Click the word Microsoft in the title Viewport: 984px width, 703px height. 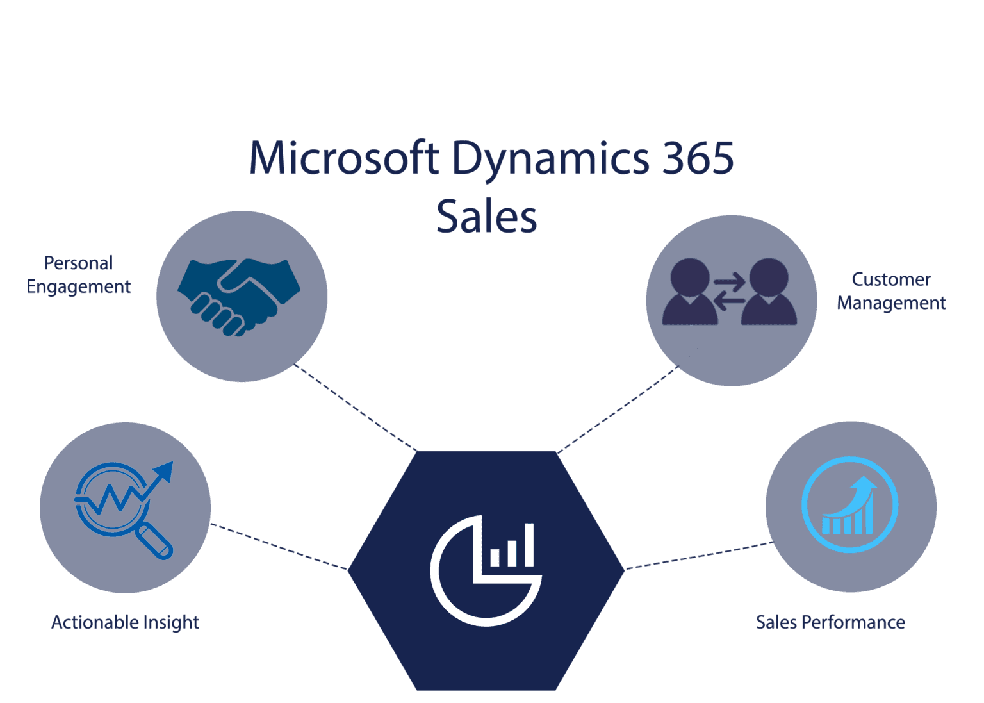343,158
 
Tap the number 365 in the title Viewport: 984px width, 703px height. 698,158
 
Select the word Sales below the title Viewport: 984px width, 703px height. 486,217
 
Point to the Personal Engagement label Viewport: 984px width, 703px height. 79,275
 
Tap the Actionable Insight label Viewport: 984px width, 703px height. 125,622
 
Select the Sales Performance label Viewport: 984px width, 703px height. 830,622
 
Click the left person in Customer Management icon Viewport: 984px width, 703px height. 689,292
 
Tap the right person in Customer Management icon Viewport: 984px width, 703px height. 769,292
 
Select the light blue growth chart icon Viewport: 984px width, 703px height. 849,505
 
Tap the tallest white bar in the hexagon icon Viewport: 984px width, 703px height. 529,545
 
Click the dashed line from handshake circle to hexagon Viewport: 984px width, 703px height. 356,408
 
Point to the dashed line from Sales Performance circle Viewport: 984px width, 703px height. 698,556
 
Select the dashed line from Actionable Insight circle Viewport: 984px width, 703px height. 279,546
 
